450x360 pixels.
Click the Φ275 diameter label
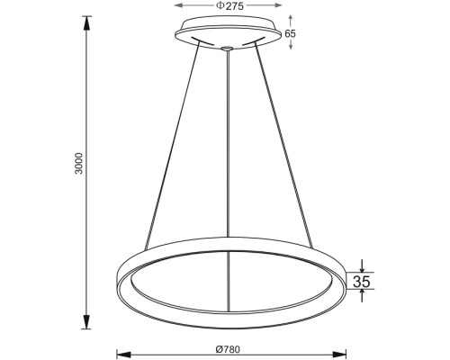click(230, 5)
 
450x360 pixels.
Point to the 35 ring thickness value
click(362, 282)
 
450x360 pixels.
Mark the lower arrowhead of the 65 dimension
click(289, 46)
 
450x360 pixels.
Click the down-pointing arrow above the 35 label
click(362, 265)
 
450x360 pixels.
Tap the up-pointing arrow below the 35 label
click(362, 298)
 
